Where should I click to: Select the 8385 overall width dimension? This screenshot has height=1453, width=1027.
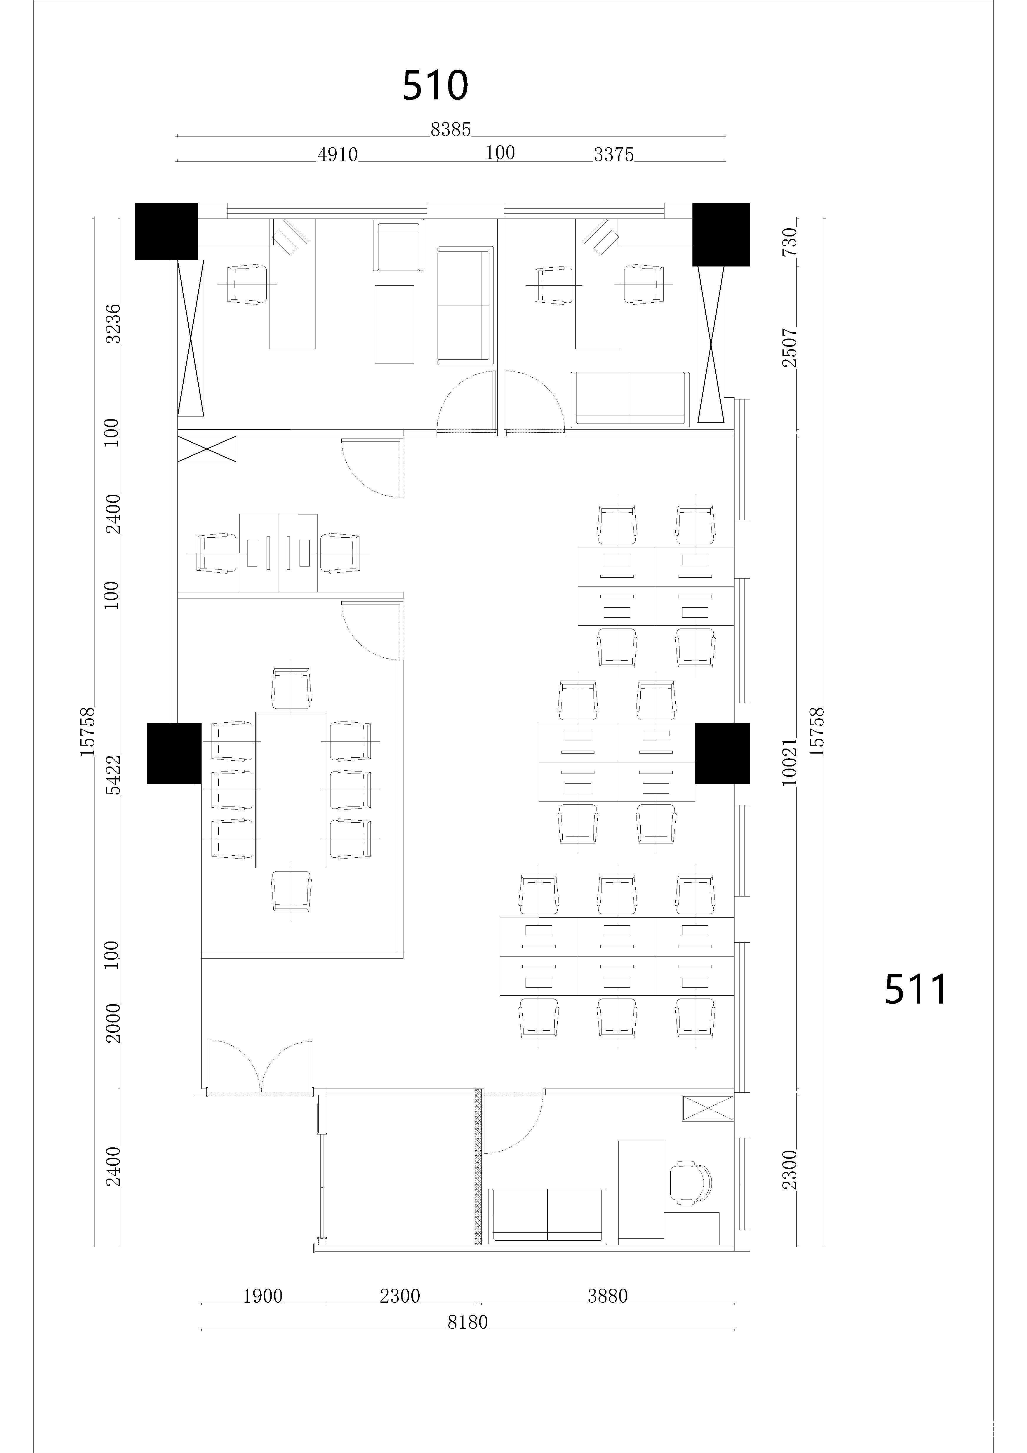pyautogui.click(x=451, y=130)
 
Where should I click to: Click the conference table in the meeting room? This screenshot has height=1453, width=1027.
pyautogui.click(x=291, y=790)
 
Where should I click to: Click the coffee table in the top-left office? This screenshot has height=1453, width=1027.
pyautogui.click(x=394, y=325)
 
